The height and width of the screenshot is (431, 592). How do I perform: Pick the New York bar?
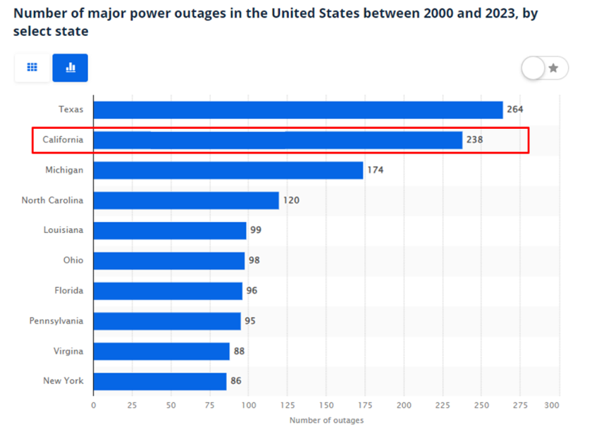click(160, 381)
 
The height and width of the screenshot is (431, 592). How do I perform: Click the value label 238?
click(474, 140)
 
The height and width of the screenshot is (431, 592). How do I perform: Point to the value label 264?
click(515, 110)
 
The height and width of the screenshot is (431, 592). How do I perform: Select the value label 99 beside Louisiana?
click(256, 230)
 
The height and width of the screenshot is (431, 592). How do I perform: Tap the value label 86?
click(235, 381)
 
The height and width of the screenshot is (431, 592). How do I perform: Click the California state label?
click(63, 140)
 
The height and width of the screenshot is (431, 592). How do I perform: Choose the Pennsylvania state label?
click(56, 321)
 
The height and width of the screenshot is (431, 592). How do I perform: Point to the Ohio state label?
click(73, 261)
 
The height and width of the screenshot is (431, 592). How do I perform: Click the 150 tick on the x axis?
click(326, 406)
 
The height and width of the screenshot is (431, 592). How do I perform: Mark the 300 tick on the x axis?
click(553, 406)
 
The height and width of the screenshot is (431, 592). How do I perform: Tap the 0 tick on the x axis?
click(94, 406)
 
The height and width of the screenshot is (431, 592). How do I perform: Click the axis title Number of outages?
click(326, 420)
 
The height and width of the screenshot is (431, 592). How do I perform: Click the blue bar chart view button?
click(70, 68)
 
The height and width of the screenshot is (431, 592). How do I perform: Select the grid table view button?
click(32, 68)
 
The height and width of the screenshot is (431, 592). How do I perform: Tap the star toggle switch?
click(544, 68)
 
